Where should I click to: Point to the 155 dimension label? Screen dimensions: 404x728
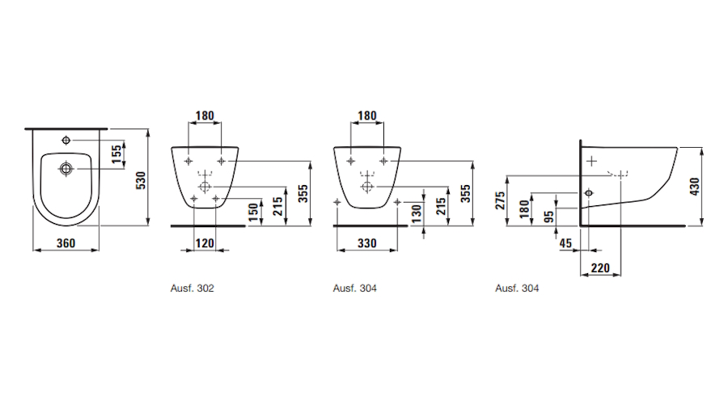116,155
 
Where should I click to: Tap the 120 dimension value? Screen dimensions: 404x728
206,242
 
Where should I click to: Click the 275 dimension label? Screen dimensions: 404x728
501,200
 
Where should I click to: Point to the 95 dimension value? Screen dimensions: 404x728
549,216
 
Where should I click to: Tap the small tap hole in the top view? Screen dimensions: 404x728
66,141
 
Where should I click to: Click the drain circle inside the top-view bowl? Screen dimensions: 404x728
66,169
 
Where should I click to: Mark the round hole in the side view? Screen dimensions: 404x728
589,193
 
